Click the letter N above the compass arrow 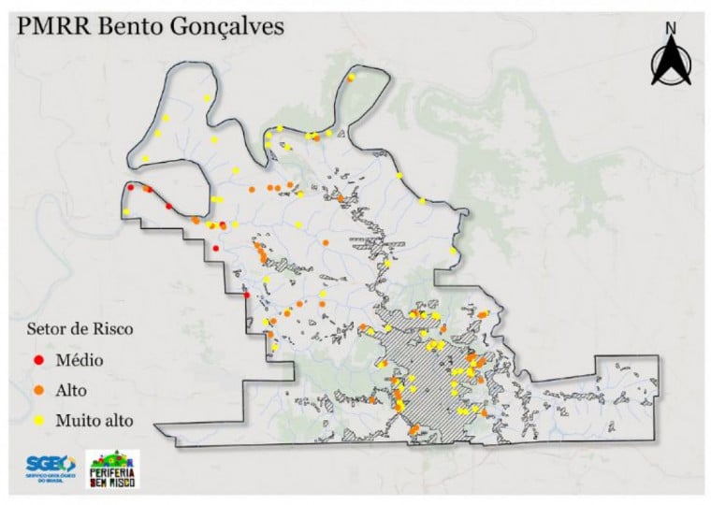670,29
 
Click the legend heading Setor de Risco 79,329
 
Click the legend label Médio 80,359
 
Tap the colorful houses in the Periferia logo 113,458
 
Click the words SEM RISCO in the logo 113,483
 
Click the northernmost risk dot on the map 350,78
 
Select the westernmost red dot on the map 130,188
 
